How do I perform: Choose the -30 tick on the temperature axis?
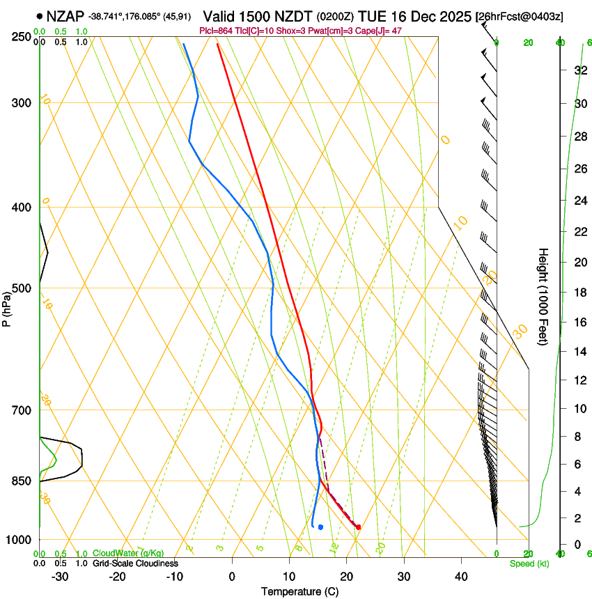coord(60,576)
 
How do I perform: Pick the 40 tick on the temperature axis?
coord(460,576)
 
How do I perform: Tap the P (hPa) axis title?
coord(7,305)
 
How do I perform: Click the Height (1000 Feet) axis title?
coord(543,296)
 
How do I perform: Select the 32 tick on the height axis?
coord(579,70)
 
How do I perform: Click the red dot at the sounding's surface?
coord(358,527)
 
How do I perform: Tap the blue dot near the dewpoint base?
coord(320,527)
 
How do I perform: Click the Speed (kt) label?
coord(529,563)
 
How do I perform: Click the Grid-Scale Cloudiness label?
coord(135,563)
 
